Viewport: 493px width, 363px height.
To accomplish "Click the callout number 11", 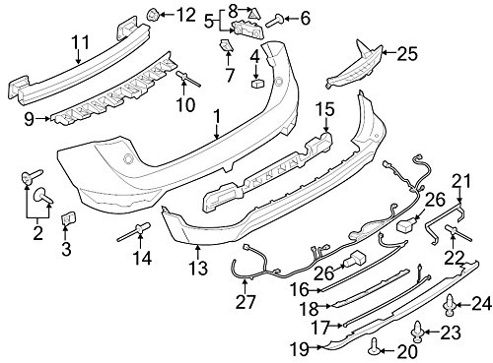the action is click(81, 42).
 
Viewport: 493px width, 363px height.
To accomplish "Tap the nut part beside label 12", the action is click(152, 15).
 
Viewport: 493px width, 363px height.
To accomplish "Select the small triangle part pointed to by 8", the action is click(253, 15).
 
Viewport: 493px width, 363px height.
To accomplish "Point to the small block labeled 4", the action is click(258, 84).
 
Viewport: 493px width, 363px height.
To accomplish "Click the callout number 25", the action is click(407, 54).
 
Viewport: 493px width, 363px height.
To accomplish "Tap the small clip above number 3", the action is click(68, 218).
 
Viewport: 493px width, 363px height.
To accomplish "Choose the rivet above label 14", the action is click(135, 231).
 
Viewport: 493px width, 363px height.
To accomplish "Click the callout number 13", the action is click(198, 268).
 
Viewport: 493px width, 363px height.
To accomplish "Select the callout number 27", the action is click(246, 302).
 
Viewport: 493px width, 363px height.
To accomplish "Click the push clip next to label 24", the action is click(450, 306).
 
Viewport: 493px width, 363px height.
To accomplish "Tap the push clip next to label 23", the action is click(417, 332).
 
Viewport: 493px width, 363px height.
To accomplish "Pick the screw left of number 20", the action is click(375, 347).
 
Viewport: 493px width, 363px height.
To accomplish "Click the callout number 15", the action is click(325, 110).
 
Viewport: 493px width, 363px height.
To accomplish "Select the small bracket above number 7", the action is click(226, 45).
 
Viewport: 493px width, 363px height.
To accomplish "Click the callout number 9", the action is click(29, 119).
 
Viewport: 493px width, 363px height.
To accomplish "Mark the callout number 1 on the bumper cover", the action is click(217, 117).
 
